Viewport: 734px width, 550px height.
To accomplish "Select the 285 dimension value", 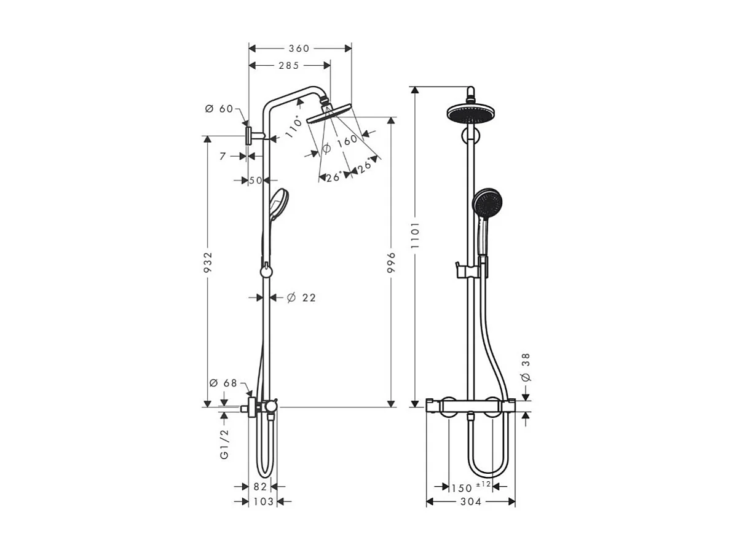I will click(x=288, y=65).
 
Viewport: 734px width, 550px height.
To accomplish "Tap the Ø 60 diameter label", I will click(x=219, y=109).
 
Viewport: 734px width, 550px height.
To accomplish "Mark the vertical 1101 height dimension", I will click(x=416, y=235).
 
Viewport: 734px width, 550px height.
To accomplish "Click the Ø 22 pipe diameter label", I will click(x=301, y=297).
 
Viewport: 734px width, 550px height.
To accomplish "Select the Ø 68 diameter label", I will click(x=222, y=383).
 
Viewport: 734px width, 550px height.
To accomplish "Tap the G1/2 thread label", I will click(x=224, y=444).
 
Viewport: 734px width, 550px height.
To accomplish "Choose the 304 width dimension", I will click(x=470, y=502).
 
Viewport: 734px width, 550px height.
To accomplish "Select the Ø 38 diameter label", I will click(x=525, y=367).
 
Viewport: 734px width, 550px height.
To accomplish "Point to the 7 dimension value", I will click(x=224, y=156).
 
